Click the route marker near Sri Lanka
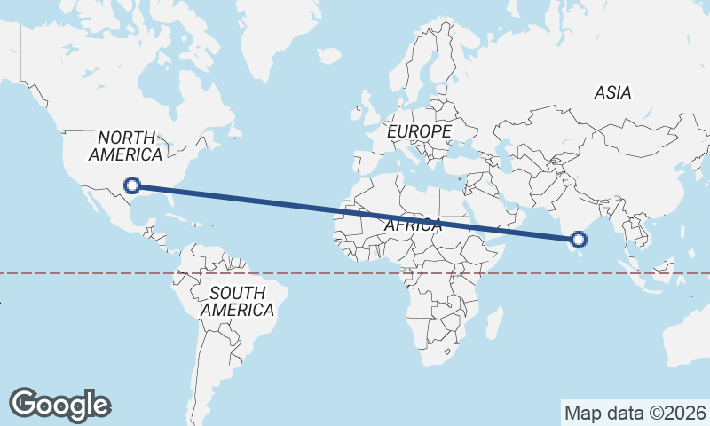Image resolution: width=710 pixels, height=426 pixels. pyautogui.click(x=579, y=239)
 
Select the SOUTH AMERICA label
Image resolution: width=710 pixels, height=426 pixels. pyautogui.click(x=237, y=302)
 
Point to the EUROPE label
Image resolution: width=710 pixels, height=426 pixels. pyautogui.click(x=420, y=131)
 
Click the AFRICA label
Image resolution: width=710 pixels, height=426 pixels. pyautogui.click(x=413, y=225)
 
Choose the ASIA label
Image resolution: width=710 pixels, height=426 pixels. pyautogui.click(x=612, y=92)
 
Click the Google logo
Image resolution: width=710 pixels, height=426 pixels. pyautogui.click(x=59, y=405)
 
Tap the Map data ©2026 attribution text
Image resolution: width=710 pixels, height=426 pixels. pyautogui.click(x=635, y=413)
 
